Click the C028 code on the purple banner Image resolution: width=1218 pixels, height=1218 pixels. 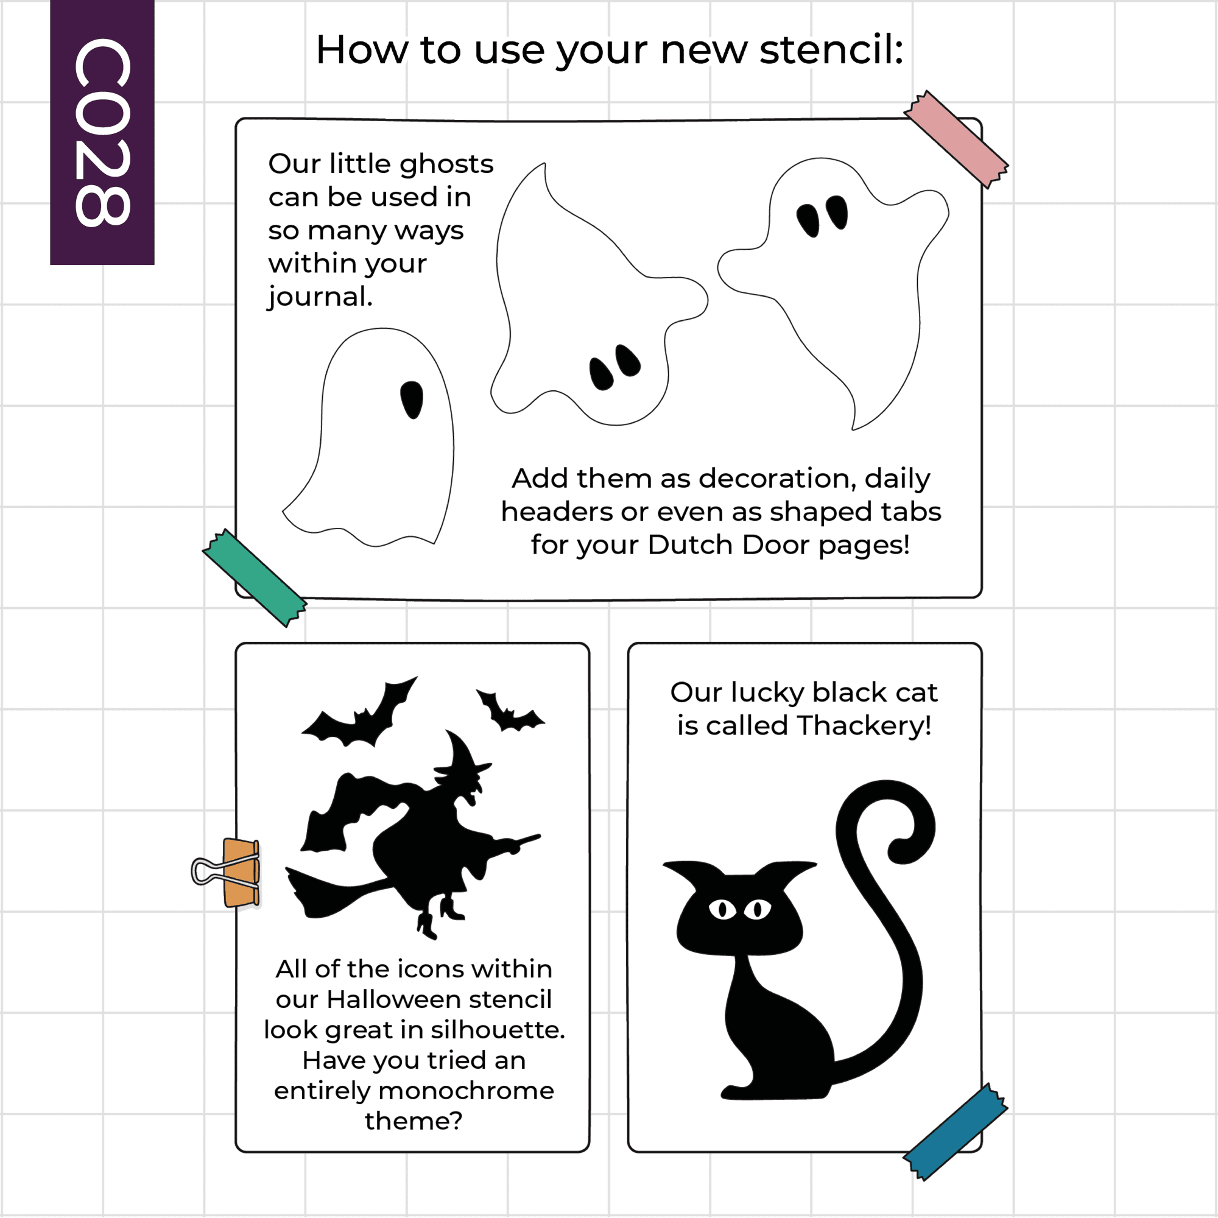pyautogui.click(x=102, y=132)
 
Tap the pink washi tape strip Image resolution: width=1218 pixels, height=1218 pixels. pyautogui.click(x=956, y=139)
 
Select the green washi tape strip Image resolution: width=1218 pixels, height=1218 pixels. pyautogui.click(x=255, y=577)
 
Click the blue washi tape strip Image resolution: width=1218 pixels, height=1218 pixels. pyautogui.click(x=955, y=1132)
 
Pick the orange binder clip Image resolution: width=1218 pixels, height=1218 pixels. pyautogui.click(x=233, y=873)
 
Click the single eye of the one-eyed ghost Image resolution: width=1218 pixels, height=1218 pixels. pyautogui.click(x=412, y=400)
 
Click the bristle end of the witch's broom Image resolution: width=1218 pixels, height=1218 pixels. pyautogui.click(x=328, y=893)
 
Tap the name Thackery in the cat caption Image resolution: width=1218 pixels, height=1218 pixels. pyautogui.click(x=864, y=727)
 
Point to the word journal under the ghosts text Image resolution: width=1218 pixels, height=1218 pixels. pyautogui.click(x=320, y=297)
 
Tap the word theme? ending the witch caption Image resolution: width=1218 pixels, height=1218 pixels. pyautogui.click(x=414, y=1121)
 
